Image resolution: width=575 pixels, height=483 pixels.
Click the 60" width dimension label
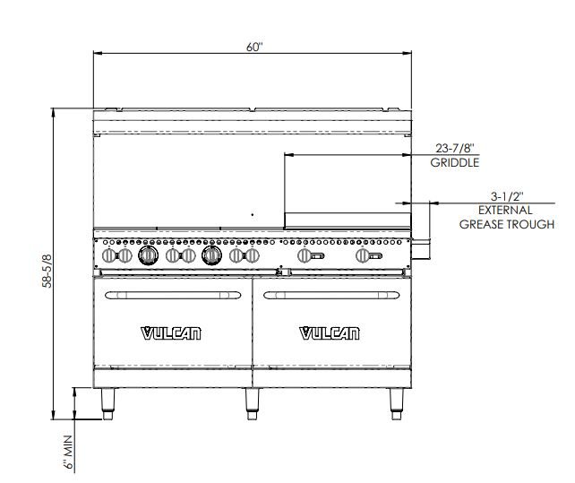[254, 47]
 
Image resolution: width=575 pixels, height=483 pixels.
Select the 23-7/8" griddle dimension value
[455, 148]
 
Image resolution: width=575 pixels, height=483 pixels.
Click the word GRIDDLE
[455, 162]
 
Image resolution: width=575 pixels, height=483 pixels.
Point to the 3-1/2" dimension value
[507, 197]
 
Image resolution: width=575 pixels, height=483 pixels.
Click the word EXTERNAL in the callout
[505, 211]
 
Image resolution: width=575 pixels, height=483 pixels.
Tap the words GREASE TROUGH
[507, 224]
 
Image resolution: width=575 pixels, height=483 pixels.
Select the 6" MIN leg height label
[68, 453]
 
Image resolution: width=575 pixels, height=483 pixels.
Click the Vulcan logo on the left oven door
[171, 333]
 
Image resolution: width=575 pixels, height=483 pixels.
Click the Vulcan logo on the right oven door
[330, 333]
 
